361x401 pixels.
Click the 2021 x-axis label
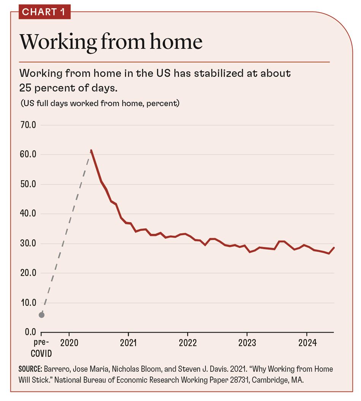tap(128, 343)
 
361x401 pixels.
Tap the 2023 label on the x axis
tap(247, 343)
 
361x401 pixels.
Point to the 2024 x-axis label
tap(307, 343)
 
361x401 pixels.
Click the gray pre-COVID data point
tap(41, 315)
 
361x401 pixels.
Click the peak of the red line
tap(91, 151)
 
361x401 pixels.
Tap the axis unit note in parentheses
tap(100, 103)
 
